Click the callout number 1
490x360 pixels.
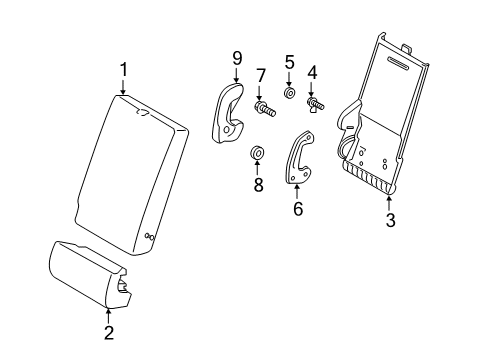(x=124, y=70)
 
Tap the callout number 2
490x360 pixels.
(x=109, y=332)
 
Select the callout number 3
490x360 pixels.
(x=390, y=220)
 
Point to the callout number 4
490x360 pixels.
(x=312, y=73)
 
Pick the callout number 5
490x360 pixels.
(x=289, y=62)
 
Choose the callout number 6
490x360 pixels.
(x=298, y=208)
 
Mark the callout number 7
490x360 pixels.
(x=260, y=75)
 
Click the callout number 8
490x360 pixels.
(x=258, y=184)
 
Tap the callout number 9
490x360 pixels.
(x=237, y=59)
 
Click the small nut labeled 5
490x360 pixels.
(x=289, y=93)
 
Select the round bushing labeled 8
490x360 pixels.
(x=257, y=153)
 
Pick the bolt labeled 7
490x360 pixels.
(x=265, y=108)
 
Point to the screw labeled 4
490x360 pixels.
(x=315, y=104)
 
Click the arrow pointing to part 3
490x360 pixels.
(x=389, y=203)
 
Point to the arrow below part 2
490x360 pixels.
(x=108, y=316)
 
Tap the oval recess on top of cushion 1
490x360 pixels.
(x=143, y=113)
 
